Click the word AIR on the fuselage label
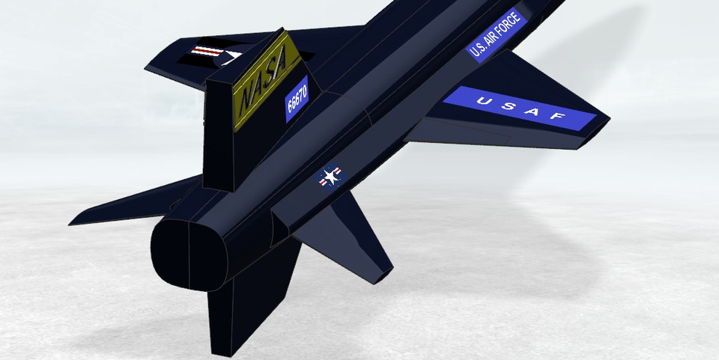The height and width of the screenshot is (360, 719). (488, 41)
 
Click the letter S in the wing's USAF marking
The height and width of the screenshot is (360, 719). (505, 105)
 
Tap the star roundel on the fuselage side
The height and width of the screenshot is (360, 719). (330, 177)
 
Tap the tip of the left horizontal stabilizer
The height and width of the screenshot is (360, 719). (75, 222)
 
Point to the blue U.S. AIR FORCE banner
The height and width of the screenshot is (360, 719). (495, 35)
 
